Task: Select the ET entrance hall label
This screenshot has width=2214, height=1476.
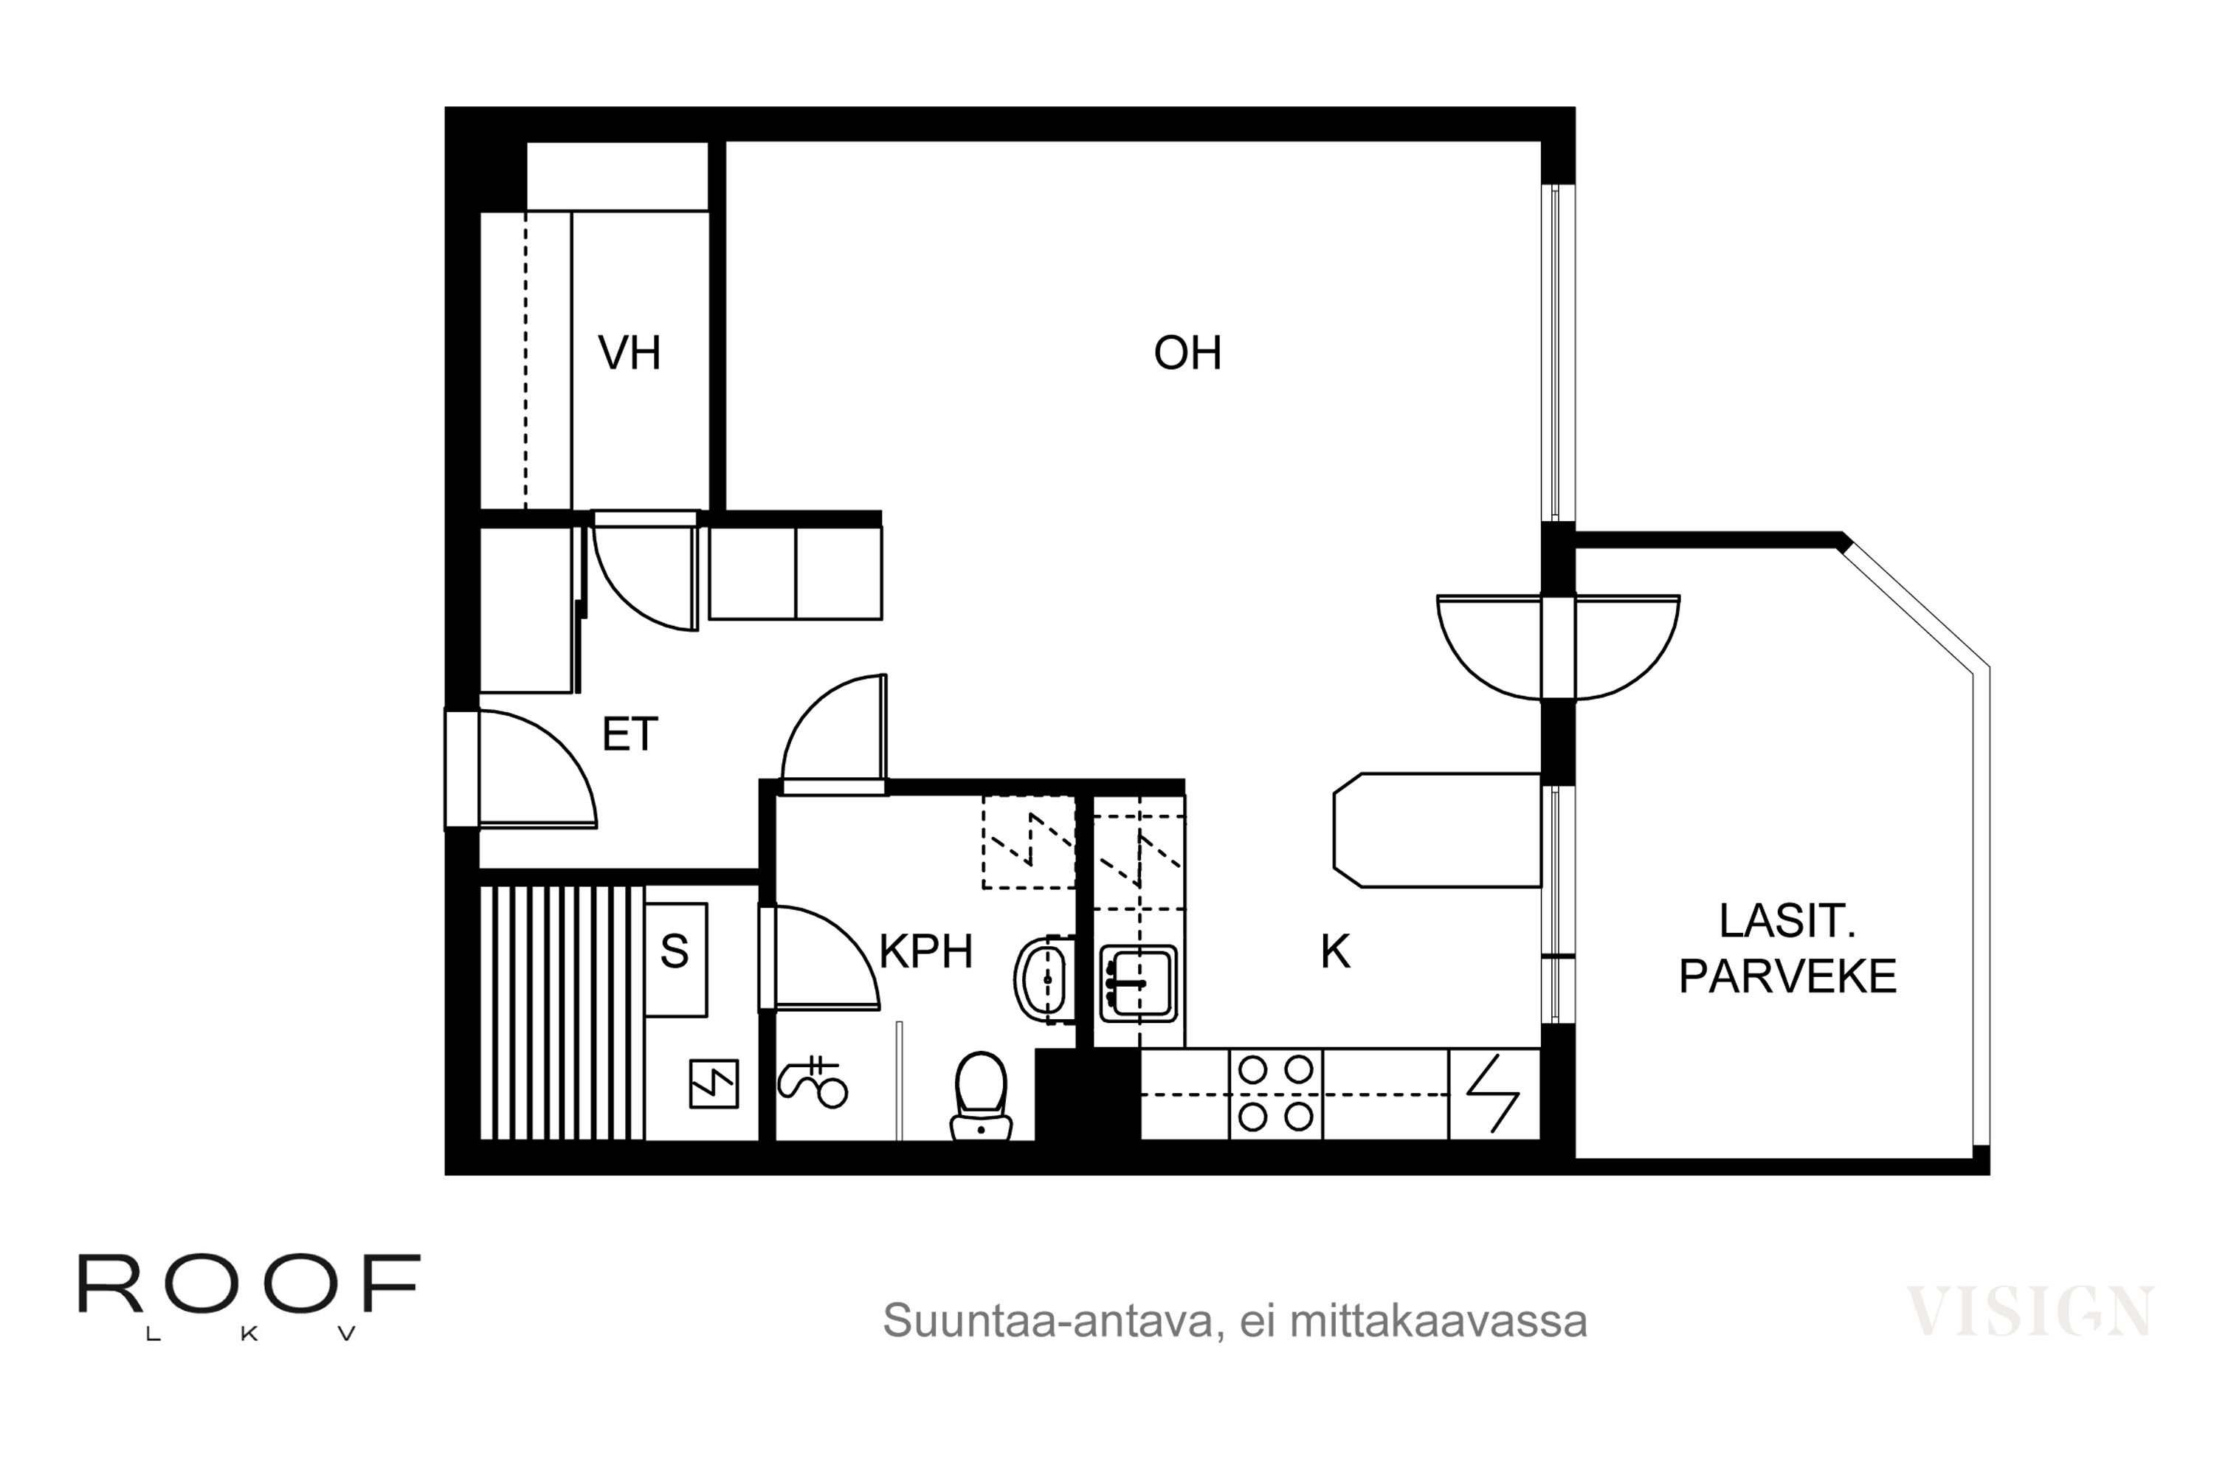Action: point(629,734)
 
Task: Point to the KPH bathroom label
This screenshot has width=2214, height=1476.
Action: point(925,952)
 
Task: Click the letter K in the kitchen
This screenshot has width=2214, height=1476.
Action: point(1335,952)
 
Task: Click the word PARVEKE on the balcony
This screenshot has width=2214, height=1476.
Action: point(1787,977)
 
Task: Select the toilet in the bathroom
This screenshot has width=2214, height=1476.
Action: point(981,1097)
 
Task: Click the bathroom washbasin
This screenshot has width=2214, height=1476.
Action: point(1044,980)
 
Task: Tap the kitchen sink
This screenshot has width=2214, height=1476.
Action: point(1138,984)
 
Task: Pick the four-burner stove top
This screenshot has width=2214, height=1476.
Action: point(1275,1094)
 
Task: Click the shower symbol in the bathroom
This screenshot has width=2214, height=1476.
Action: point(813,1083)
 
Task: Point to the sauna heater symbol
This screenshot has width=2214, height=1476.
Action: point(714,1083)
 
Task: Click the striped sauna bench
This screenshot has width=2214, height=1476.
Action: point(562,1013)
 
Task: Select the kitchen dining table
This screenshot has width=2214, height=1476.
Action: point(1436,830)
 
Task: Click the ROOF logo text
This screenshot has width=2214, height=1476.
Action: point(249,1284)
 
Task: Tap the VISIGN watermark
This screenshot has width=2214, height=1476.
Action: point(2029,1311)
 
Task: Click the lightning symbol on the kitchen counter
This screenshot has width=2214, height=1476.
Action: point(1493,1094)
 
